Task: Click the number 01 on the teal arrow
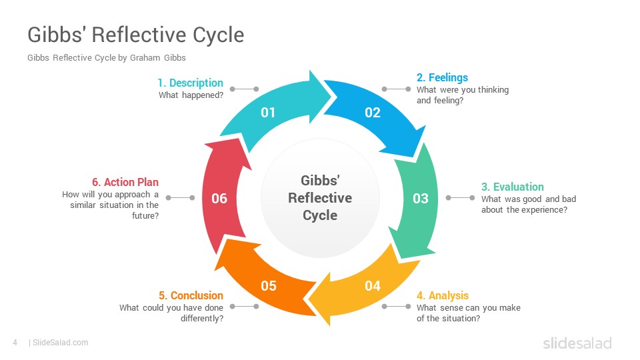[x=268, y=113]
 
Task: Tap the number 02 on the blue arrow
[x=372, y=113]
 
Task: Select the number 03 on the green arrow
[x=421, y=199]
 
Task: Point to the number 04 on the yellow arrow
[x=372, y=286]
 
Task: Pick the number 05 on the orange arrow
[x=269, y=286]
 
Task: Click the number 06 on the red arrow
[x=219, y=199]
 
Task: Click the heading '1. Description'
[x=190, y=83]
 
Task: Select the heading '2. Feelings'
[x=442, y=77]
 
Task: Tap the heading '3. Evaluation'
[x=512, y=187]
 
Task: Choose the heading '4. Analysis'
[x=443, y=295]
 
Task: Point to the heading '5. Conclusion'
[x=191, y=295]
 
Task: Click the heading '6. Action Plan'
[x=125, y=182]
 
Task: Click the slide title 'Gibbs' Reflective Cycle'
[x=136, y=35]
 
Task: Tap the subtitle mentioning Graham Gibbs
[x=107, y=57]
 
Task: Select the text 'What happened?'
[x=191, y=95]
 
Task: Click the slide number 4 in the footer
[x=15, y=343]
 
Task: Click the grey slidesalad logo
[x=577, y=343]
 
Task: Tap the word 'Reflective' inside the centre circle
[x=320, y=198]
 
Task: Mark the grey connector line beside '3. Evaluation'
[x=460, y=198]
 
